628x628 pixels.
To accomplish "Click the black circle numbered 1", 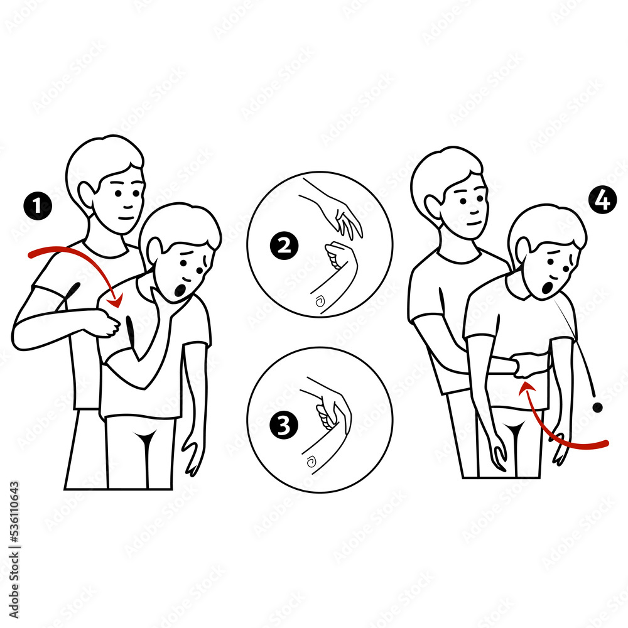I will [38, 206].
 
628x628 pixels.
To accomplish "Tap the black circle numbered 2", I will [284, 246].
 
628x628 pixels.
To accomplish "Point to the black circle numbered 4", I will [602, 201].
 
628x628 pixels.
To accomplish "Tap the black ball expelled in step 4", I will [597, 408].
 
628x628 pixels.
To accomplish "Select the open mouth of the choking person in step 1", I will [180, 291].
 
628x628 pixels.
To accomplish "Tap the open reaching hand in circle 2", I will [347, 221].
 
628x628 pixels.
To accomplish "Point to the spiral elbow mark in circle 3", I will [310, 463].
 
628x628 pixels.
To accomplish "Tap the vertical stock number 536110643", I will [14, 539].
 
